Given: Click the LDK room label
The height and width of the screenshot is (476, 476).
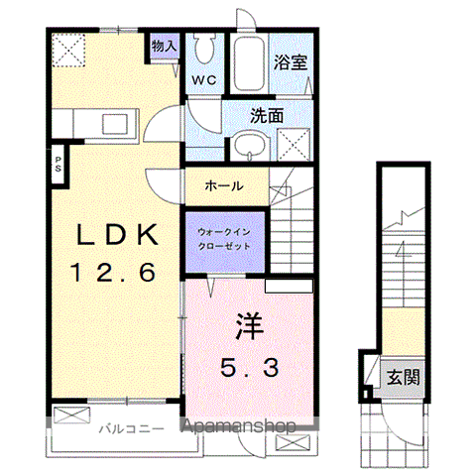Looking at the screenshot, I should [x=118, y=236].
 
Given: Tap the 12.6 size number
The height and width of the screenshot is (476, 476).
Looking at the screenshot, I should [x=112, y=271].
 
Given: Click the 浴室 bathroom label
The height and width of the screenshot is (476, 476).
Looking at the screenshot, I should [x=291, y=60].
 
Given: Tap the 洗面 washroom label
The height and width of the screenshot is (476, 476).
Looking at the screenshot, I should [x=267, y=114].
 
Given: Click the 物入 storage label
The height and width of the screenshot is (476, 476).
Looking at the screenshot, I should [x=164, y=46].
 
